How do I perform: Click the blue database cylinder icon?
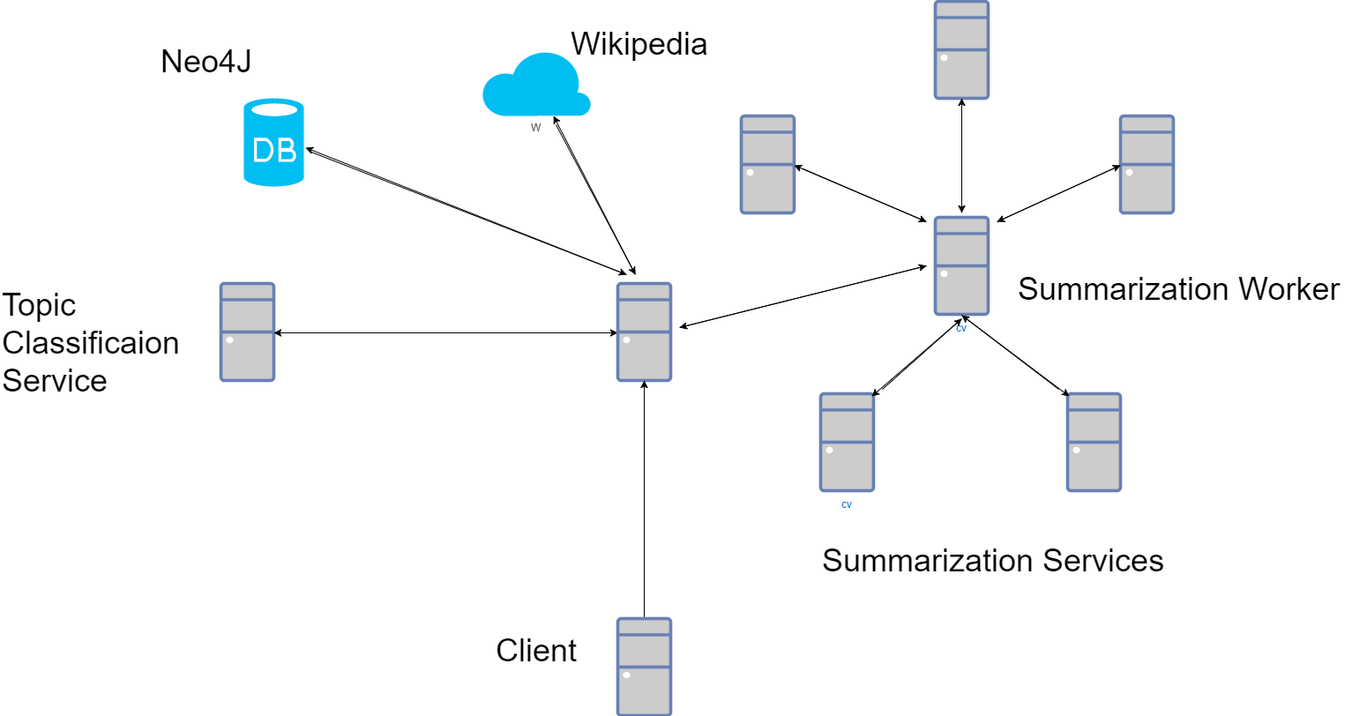pos(273,143)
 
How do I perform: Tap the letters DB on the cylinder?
pos(273,151)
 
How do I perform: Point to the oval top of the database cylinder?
pos(274,109)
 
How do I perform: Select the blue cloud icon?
pos(536,86)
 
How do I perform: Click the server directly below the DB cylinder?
pos(247,332)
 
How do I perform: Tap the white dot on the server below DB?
pos(229,339)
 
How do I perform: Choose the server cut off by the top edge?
pos(961,49)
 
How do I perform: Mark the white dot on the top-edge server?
pos(944,57)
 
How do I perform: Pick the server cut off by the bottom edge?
pos(644,666)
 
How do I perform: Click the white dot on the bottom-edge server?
pos(626,675)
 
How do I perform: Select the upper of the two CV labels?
pos(961,329)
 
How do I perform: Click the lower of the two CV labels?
pos(847,505)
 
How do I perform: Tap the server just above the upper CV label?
pos(961,265)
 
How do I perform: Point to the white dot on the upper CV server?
pos(944,273)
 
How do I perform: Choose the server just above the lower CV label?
pos(847,442)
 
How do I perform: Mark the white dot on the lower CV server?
pos(829,450)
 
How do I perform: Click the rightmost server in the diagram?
pos(1147,164)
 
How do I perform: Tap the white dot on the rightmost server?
pos(1129,172)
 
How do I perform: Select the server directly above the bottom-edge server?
pos(644,332)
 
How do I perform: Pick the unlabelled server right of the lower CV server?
pos(1094,442)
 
